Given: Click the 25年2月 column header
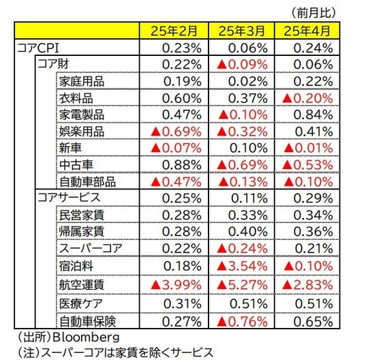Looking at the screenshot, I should click(x=173, y=31).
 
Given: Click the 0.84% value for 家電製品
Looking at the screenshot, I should click(x=315, y=114).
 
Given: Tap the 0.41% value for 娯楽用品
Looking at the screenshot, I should click(x=315, y=130).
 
